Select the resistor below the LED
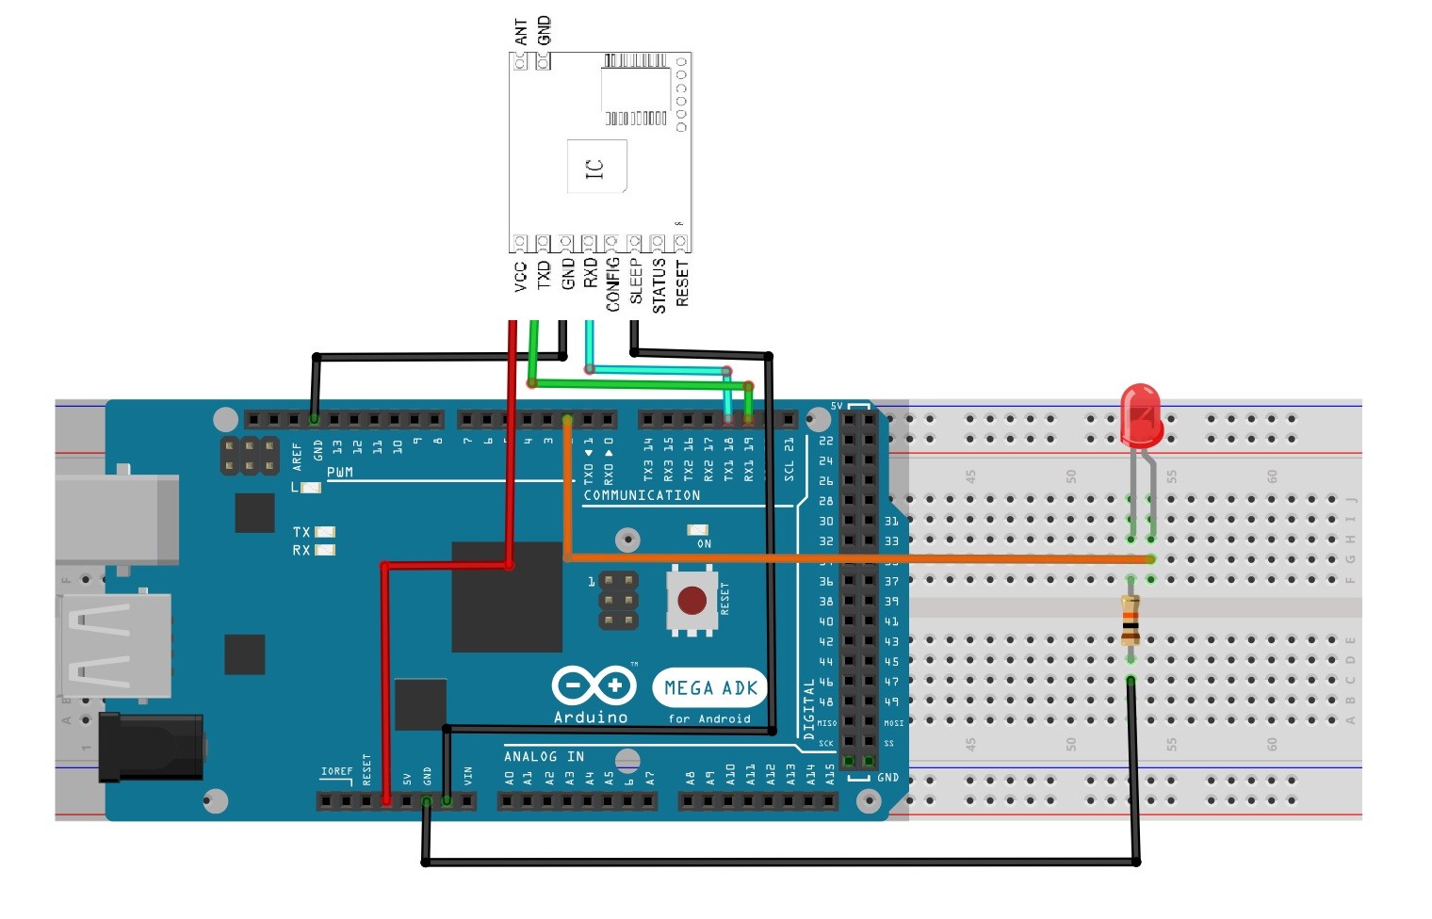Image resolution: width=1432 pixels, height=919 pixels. tap(1131, 620)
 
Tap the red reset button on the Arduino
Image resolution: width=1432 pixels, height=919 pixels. tap(692, 600)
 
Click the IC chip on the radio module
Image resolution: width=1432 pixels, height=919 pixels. tap(596, 167)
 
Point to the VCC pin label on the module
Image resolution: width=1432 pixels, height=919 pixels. tap(520, 277)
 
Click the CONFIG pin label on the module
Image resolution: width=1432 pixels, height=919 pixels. tap(612, 283)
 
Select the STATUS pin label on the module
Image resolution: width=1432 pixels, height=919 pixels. tap(659, 286)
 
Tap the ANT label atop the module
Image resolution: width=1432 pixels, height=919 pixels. tap(521, 33)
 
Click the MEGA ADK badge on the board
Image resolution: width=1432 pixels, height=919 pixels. tap(710, 688)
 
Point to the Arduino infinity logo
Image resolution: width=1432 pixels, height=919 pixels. tap(593, 685)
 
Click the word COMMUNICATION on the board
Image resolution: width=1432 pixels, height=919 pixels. tap(642, 495)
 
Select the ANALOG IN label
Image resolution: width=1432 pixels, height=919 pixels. tap(544, 756)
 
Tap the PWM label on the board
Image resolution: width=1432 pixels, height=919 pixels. tap(340, 472)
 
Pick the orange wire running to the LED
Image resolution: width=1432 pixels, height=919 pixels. tap(848, 558)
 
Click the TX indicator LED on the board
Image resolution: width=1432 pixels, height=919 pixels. tap(324, 532)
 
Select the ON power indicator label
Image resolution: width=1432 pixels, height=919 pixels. tap(704, 544)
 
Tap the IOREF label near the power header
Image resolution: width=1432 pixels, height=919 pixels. tap(336, 771)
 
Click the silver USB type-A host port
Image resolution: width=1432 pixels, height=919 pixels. tap(115, 645)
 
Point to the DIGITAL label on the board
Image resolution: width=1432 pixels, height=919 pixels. tap(808, 708)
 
